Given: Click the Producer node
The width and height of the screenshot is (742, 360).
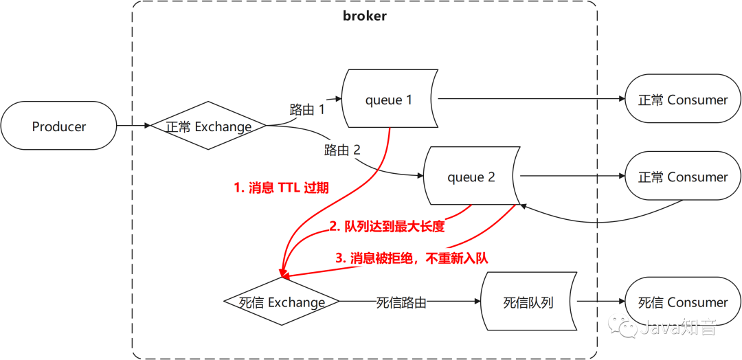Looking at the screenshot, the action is pyautogui.click(x=58, y=126).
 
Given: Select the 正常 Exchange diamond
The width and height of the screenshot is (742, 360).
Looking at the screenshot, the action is pyautogui.click(x=209, y=126).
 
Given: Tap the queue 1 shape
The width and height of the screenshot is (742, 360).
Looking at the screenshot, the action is pyautogui.click(x=390, y=100).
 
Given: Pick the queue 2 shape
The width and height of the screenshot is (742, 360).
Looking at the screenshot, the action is pyautogui.click(x=471, y=177).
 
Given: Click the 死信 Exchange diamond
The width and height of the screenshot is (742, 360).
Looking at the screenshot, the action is pyautogui.click(x=282, y=302).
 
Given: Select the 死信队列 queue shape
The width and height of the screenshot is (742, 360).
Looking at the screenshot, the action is pyautogui.click(x=528, y=302).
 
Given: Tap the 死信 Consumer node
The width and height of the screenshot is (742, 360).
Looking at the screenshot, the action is pyautogui.click(x=682, y=302).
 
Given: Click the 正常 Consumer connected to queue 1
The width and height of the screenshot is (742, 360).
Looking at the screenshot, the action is pyautogui.click(x=682, y=99).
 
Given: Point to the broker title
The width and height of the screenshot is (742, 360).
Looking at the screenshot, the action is pyautogui.click(x=364, y=16).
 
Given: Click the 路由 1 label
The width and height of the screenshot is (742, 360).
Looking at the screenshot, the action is pyautogui.click(x=307, y=110).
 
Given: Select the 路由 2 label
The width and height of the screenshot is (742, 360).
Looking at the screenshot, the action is pyautogui.click(x=342, y=150).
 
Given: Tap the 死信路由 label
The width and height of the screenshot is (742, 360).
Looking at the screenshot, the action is pyautogui.click(x=401, y=302).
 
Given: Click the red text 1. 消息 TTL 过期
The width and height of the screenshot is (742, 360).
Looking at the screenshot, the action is pyautogui.click(x=281, y=188).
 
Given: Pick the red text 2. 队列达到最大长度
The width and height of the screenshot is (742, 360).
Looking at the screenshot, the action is pyautogui.click(x=387, y=227).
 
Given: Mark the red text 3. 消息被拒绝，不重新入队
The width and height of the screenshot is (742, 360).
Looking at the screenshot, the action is pyautogui.click(x=412, y=258).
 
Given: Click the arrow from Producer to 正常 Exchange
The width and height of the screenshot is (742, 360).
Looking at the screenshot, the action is pyautogui.click(x=133, y=126).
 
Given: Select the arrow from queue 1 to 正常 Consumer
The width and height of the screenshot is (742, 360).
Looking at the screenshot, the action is pyautogui.click(x=531, y=99).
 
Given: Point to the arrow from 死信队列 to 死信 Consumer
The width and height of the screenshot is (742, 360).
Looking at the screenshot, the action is pyautogui.click(x=601, y=302).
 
